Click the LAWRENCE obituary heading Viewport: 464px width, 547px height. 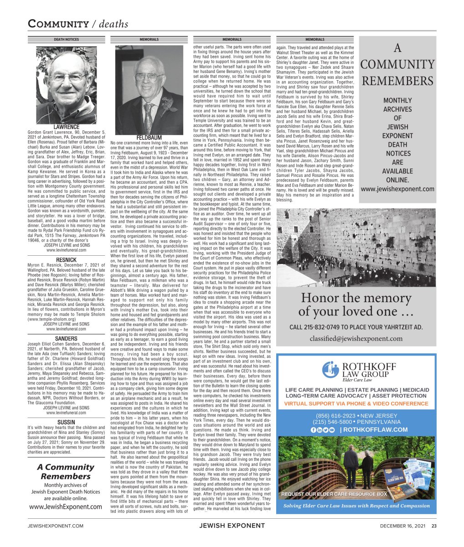pos(66,127)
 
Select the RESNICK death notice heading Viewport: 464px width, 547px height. pos(66,260)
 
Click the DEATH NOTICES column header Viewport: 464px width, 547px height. pos(66,40)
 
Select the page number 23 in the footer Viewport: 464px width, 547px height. pos(434,526)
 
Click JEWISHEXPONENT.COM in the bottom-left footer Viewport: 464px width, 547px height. pos(56,526)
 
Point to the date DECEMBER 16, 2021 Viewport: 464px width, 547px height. pos(403,526)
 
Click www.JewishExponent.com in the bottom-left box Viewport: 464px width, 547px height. pos(66,506)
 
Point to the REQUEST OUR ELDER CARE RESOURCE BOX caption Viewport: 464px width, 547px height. pos(334,494)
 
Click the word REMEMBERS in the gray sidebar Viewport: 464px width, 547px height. pos(397,81)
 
